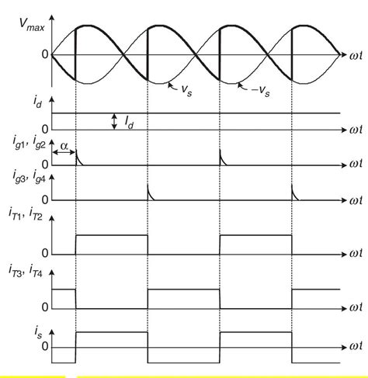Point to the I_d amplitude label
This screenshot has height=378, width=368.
130,121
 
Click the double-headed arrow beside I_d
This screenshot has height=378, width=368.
114,121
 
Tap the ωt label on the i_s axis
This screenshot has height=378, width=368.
355,346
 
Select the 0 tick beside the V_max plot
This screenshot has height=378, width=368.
44,55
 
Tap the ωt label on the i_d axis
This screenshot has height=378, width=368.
355,129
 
